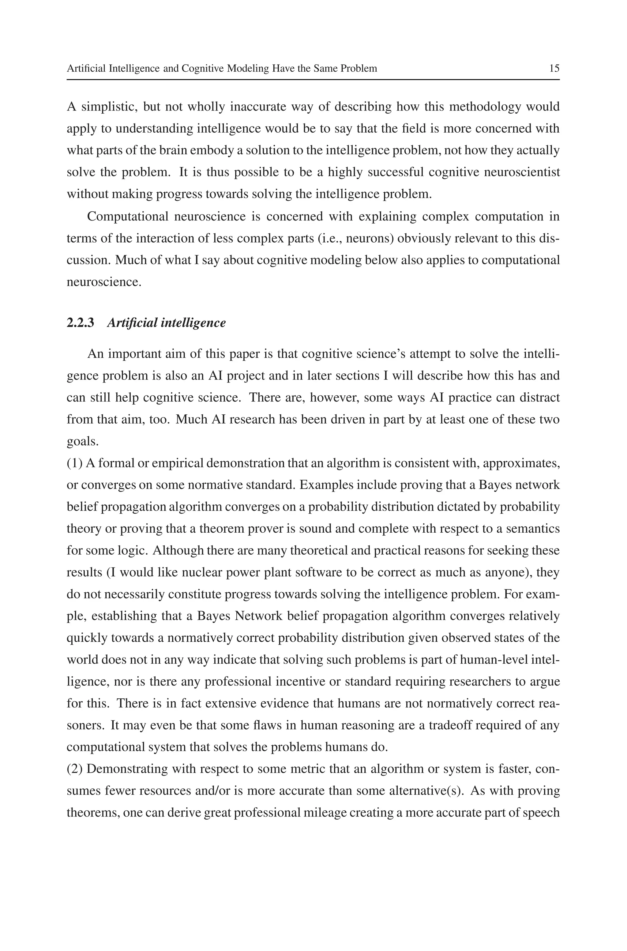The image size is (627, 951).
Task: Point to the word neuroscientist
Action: coord(521,172)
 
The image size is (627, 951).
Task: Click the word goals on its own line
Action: coord(82,442)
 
